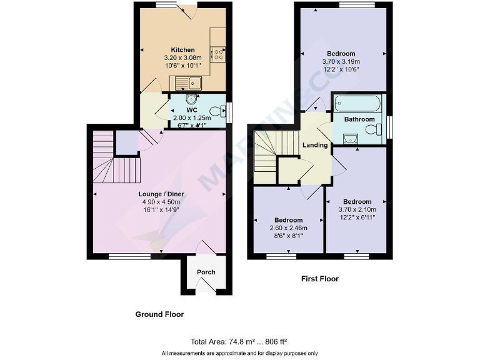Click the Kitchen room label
[183, 50]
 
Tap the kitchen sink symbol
[187, 82]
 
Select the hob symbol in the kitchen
[218, 54]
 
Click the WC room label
[191, 110]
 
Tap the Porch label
[206, 272]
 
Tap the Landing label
[315, 145]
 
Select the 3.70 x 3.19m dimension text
[341, 62]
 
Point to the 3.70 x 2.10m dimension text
[354, 210]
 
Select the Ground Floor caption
[160, 314]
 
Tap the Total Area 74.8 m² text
[239, 342]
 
